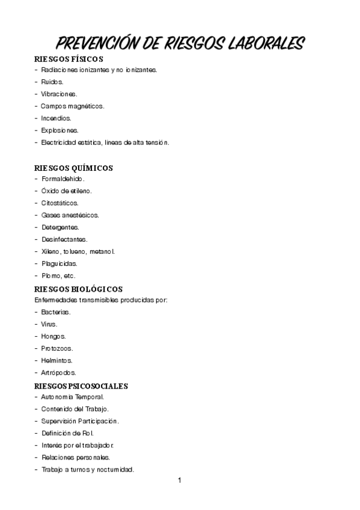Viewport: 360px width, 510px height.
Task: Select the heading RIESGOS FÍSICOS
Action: [x=69, y=59]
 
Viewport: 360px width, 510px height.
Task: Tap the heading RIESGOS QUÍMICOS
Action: [x=74, y=168]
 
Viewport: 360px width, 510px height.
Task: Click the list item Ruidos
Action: [x=52, y=82]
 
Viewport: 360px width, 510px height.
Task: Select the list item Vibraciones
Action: [x=59, y=94]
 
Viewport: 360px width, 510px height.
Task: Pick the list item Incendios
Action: [x=56, y=118]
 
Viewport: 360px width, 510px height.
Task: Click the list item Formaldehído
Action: [x=63, y=179]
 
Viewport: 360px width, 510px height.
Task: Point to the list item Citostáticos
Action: [x=60, y=203]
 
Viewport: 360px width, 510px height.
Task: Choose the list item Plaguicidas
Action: [x=59, y=263]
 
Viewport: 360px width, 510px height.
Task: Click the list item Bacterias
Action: [x=56, y=312]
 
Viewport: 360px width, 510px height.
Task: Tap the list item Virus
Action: [x=49, y=324]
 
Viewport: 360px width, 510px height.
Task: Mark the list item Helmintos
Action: [x=56, y=360]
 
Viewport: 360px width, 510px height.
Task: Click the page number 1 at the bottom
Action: [x=179, y=481]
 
